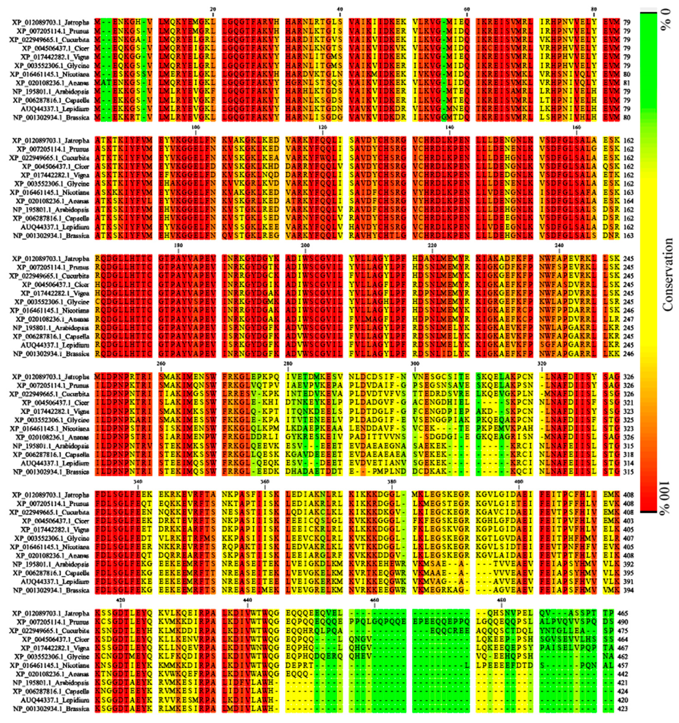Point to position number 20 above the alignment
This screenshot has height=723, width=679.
[x=213, y=9]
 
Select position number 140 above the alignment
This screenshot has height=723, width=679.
[x=449, y=127]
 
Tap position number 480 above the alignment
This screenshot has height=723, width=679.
[x=501, y=600]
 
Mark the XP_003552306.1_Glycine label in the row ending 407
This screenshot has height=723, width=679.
[x=52, y=538]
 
